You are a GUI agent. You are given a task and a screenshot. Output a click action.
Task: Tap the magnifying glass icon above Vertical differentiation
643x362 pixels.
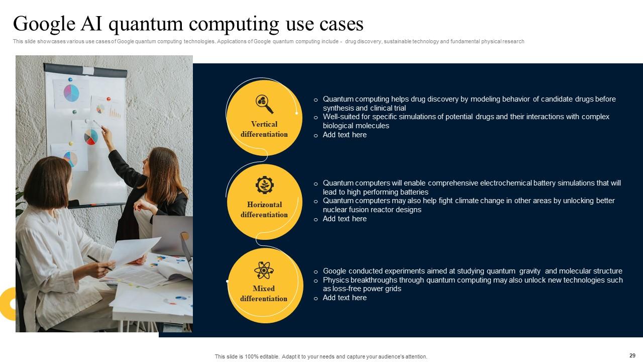tap(264, 104)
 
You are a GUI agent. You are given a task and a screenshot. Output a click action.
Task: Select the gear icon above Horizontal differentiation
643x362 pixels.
tap(264, 185)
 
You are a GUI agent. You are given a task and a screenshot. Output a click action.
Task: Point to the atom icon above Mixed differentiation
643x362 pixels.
tap(264, 270)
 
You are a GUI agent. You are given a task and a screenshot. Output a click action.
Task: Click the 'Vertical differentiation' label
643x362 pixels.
tap(264, 129)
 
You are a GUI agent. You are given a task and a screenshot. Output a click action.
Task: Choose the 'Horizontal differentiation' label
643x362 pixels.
tap(264, 210)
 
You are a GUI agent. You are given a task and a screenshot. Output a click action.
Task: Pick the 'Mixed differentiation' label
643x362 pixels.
tap(264, 294)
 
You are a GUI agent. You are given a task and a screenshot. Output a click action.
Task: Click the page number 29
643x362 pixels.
tap(632, 355)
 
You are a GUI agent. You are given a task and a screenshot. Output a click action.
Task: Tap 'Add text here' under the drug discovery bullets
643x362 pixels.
tap(345, 135)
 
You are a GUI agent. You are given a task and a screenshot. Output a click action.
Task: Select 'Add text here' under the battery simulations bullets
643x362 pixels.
tap(345, 219)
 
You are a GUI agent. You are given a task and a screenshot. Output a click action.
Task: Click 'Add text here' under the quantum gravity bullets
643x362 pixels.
tap(345, 298)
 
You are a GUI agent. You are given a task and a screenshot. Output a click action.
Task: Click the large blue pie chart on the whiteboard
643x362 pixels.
tap(71, 93)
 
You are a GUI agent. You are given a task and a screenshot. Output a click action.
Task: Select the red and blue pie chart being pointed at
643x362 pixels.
tap(91, 136)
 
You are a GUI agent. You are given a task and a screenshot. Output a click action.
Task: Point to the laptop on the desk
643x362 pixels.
tap(171, 234)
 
